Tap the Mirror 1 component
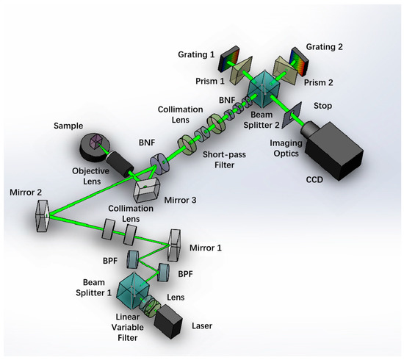[x=176, y=240]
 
